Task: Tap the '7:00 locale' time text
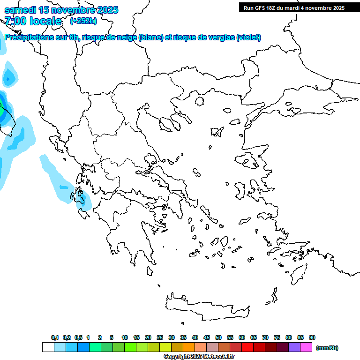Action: tap(33, 21)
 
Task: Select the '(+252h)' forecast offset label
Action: tap(83, 21)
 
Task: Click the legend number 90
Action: tap(312, 337)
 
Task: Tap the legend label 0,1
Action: tap(55, 337)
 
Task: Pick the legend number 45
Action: tap(207, 337)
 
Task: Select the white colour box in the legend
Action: tap(48, 347)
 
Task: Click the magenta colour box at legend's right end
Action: tap(306, 347)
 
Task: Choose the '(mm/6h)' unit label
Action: tap(327, 348)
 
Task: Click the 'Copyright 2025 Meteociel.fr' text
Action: tap(199, 357)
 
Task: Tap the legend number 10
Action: tap(125, 337)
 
